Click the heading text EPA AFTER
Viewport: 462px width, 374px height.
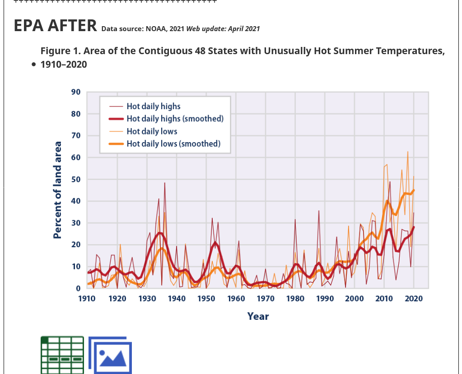(55, 26)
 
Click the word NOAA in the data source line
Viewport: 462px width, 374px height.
(156, 29)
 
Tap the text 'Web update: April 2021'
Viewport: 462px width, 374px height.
(223, 29)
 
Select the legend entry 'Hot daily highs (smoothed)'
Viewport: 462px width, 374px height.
(175, 119)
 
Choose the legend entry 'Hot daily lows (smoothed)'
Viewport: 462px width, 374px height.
(173, 143)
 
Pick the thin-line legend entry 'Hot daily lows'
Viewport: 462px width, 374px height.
(152, 131)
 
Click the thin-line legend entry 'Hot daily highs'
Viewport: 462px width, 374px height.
(154, 106)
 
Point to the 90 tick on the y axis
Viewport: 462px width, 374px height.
(76, 92)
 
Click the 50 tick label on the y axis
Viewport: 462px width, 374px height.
(76, 179)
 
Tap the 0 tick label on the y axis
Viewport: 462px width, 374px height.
(78, 288)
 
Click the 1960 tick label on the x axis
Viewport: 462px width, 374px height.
(236, 299)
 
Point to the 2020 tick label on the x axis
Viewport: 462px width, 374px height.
(414, 299)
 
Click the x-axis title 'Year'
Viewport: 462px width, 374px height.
(258, 316)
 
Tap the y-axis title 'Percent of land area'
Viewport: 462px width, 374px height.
(57, 190)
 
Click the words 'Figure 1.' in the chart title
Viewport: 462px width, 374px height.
(60, 51)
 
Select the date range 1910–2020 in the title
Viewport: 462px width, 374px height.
(64, 65)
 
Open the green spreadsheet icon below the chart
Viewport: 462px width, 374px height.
(62, 355)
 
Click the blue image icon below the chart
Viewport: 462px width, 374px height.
(110, 355)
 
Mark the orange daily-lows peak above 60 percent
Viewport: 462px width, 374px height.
(407, 152)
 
